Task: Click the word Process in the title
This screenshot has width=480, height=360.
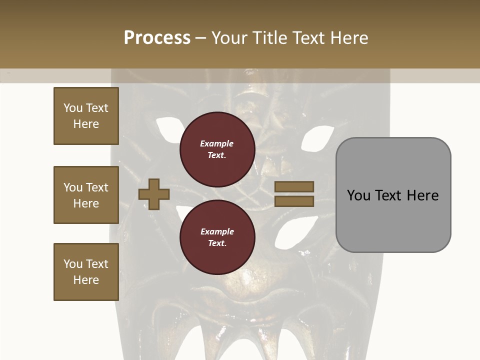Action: click(157, 38)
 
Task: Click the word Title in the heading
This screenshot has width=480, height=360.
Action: click(268, 38)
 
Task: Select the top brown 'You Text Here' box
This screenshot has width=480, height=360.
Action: click(86, 116)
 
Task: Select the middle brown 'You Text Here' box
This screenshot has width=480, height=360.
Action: click(86, 195)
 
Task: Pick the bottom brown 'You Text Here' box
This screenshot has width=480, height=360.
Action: click(86, 272)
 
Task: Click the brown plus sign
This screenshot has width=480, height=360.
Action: click(154, 194)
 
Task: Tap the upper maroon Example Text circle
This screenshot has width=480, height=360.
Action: click(217, 149)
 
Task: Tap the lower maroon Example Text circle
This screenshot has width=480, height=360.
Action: click(217, 237)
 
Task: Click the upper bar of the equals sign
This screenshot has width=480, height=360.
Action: click(294, 187)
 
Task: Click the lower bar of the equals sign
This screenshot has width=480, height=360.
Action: click(294, 201)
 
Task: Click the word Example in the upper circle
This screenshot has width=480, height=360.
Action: click(217, 143)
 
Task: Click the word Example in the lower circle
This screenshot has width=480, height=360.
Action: click(217, 231)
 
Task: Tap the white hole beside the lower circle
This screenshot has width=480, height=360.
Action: click(287, 229)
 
